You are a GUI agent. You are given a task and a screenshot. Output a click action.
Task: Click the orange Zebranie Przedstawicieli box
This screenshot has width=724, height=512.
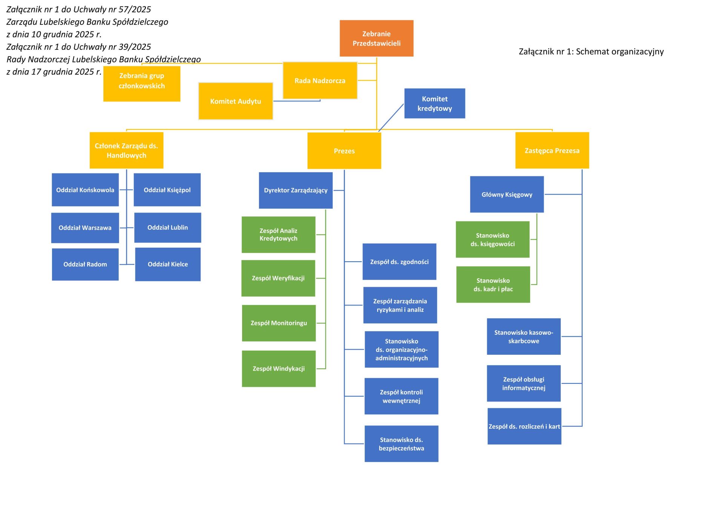click(376, 38)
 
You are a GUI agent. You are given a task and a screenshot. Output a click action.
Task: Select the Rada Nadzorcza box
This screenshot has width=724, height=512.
click(320, 81)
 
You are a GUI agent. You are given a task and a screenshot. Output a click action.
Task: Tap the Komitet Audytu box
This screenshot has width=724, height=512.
click(235, 101)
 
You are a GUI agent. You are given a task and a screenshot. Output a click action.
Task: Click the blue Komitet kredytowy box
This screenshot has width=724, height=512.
click(434, 103)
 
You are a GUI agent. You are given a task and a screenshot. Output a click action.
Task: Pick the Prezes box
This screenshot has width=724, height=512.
click(344, 151)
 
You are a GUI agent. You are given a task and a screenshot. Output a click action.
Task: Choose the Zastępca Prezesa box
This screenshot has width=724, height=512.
click(552, 150)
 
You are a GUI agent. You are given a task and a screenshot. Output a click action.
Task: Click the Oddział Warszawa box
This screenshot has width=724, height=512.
click(85, 228)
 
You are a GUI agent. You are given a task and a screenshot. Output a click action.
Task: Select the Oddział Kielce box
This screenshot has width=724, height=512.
click(167, 264)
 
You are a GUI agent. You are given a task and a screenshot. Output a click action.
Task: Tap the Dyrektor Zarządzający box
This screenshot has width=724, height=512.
click(296, 190)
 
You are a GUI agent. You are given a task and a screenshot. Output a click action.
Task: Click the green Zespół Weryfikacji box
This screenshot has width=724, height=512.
click(278, 278)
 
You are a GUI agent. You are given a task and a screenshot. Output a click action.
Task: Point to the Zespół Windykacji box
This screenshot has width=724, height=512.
click(278, 369)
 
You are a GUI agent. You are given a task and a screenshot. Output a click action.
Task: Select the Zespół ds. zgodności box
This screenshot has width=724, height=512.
click(399, 262)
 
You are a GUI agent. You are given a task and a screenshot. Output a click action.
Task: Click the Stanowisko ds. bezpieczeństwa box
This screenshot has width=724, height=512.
click(401, 444)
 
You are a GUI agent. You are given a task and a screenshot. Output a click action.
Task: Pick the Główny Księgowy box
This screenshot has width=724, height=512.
click(506, 195)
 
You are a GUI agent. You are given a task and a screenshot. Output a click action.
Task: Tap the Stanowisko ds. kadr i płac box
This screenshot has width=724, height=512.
click(493, 285)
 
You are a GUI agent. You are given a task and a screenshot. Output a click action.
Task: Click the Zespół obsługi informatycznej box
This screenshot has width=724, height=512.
click(523, 383)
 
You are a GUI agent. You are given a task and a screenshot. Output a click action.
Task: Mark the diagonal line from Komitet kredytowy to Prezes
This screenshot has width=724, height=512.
click(391, 118)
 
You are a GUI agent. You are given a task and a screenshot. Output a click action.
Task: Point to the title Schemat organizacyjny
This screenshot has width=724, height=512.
click(620, 52)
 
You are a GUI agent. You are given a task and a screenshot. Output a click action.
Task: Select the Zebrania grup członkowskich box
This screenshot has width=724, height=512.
click(141, 84)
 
